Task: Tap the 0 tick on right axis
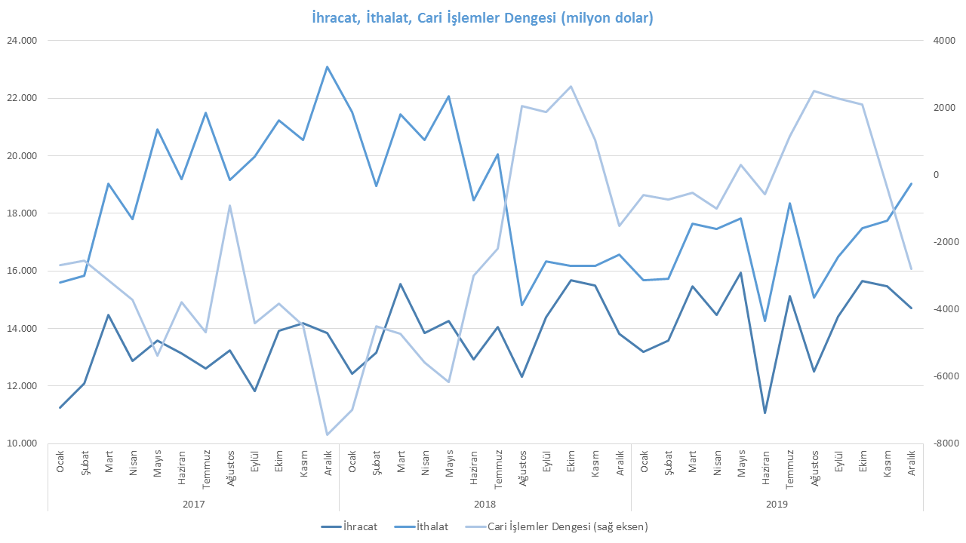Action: (936, 175)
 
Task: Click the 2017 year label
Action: (193, 502)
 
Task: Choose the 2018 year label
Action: (485, 502)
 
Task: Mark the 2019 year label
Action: (777, 502)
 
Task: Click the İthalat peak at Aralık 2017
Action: (327, 67)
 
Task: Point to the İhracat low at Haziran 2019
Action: (765, 413)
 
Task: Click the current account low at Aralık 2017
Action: (327, 434)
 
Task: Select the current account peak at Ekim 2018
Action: (571, 87)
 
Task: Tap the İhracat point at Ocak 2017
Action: (60, 407)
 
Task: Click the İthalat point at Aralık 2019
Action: (911, 184)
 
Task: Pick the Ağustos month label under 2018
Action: (522, 462)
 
